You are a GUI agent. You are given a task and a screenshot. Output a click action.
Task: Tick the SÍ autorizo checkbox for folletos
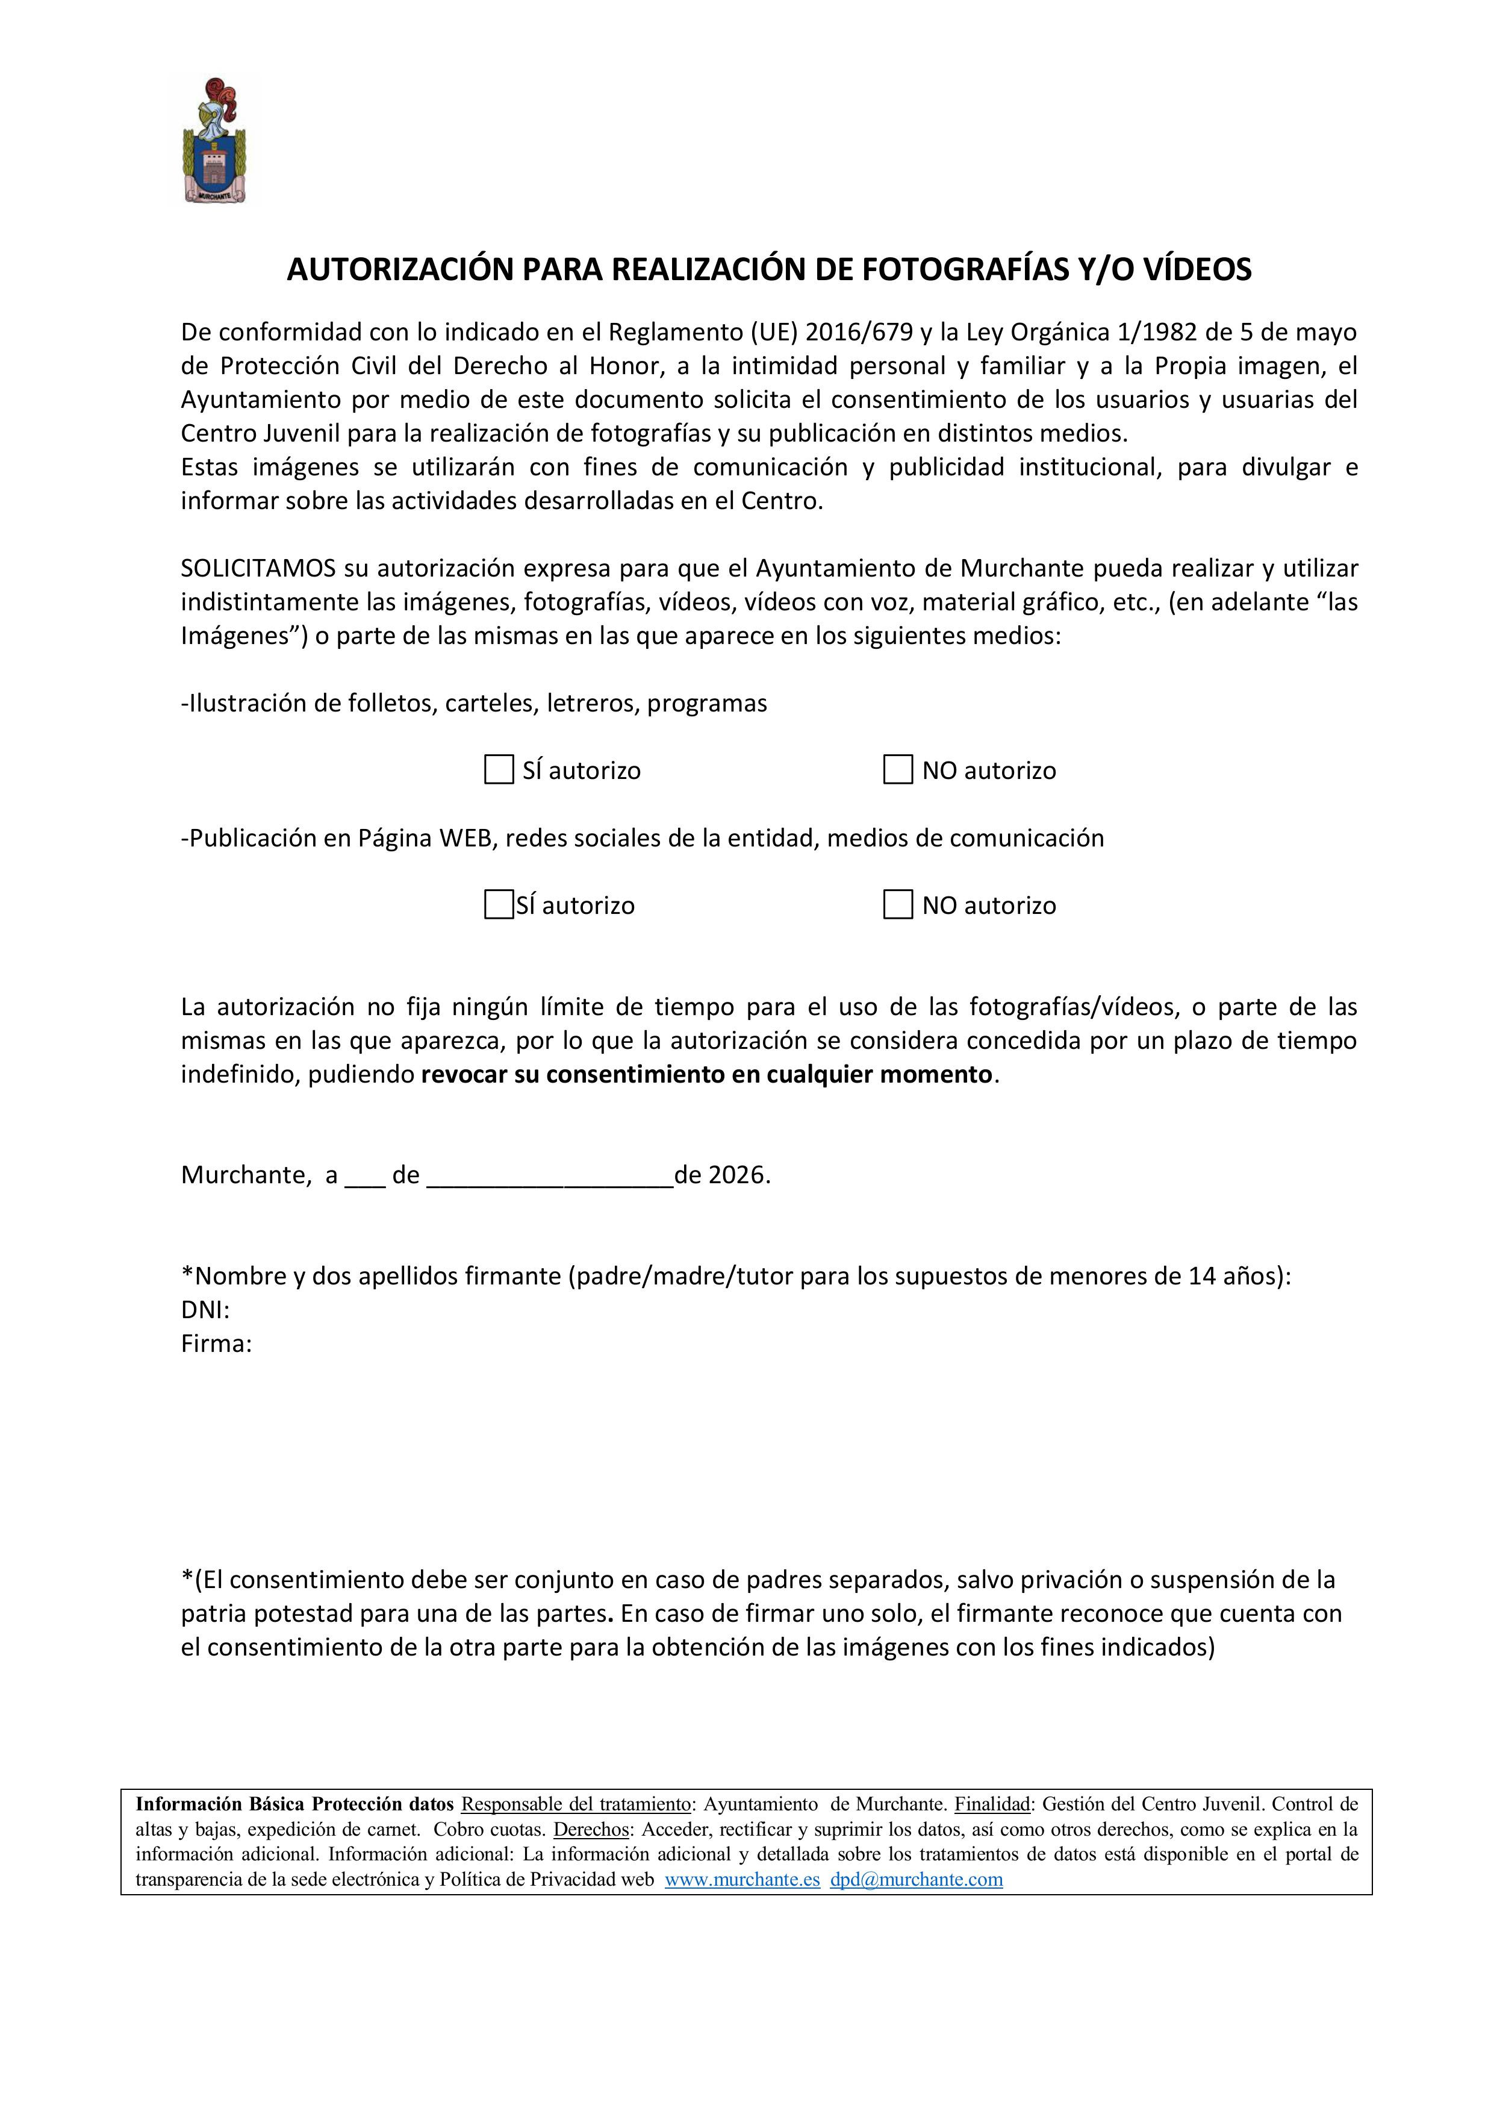(499, 770)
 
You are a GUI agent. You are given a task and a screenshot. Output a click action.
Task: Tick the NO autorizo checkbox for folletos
(897, 770)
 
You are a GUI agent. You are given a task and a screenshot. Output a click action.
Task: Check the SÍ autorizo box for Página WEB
(499, 904)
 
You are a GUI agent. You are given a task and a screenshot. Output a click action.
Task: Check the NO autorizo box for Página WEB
(897, 904)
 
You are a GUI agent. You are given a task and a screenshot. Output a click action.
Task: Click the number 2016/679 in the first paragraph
(859, 331)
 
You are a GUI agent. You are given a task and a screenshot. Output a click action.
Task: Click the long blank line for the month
(550, 1177)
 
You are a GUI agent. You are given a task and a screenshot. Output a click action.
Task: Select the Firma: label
(216, 1343)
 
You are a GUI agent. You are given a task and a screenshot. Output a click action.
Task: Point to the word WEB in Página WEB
(465, 838)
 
